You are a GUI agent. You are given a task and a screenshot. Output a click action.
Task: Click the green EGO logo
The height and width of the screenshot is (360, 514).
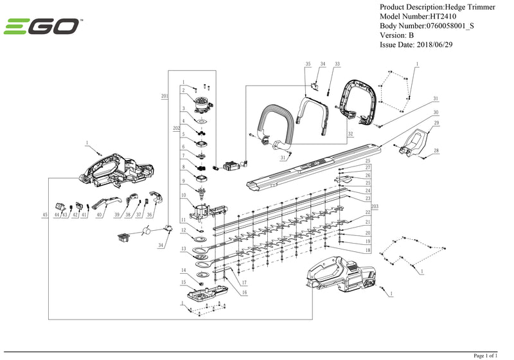43,27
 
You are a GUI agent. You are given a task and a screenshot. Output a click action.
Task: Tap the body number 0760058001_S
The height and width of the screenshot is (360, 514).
461,26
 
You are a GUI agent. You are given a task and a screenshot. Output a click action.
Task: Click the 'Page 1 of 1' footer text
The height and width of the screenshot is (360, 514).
489,355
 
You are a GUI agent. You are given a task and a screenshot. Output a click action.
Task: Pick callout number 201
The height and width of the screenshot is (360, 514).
164,95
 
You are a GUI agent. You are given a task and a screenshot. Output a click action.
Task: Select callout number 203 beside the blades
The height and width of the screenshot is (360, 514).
375,206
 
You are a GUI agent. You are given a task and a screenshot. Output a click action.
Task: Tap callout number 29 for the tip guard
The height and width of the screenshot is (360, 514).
436,123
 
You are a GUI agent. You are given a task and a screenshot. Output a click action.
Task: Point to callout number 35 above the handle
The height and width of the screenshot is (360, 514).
308,65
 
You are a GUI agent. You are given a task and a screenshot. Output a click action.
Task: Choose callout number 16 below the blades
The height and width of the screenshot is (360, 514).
244,292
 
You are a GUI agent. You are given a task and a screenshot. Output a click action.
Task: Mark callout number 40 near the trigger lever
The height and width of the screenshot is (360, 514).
100,215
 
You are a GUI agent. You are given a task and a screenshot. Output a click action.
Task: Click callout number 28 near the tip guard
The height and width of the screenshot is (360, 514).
436,150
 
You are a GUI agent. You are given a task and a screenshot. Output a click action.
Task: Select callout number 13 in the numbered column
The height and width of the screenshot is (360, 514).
183,248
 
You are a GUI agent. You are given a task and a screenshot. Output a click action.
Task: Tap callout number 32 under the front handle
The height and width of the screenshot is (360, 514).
351,134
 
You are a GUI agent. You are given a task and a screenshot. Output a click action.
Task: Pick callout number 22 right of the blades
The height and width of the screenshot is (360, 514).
368,212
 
